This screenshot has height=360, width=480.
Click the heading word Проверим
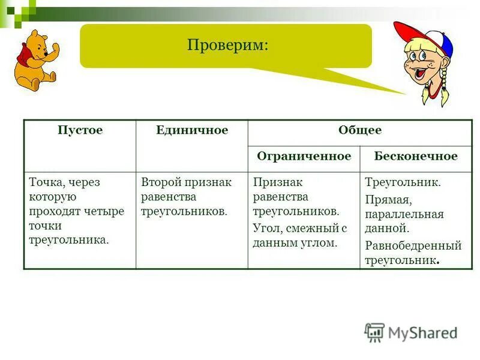pos(227,46)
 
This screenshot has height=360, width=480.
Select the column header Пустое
pos(80,131)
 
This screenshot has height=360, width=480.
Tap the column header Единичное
pos(191,131)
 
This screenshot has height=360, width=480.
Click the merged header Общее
pos(359,131)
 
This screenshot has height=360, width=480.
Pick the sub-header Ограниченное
pos(304,157)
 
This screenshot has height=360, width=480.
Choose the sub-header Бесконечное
pos(415,157)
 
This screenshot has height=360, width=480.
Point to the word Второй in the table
pos(160,182)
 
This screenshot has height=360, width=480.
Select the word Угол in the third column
pos(265,228)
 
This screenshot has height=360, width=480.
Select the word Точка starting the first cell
pos(46,182)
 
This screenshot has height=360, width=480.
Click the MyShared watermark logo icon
pos(374,332)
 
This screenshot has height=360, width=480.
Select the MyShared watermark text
pos(422,332)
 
